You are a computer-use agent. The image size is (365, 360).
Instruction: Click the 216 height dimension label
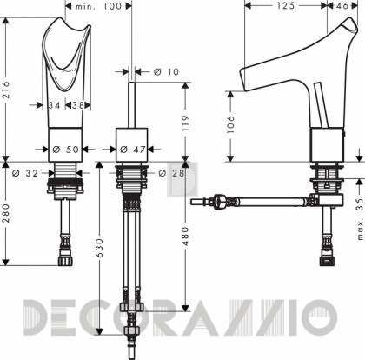coord(6,90)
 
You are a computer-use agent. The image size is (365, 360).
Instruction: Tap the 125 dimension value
coord(286,5)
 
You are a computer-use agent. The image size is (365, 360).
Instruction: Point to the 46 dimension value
coord(342,5)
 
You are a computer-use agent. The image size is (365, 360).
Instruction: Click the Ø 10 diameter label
coord(167,71)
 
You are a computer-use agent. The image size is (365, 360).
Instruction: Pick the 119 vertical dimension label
coord(184,123)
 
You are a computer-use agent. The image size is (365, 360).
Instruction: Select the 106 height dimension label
coord(230,124)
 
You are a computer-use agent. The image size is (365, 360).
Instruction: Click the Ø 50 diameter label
coord(66,150)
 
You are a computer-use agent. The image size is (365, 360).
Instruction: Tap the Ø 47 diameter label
coord(133,150)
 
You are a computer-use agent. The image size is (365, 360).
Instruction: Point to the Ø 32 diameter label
coord(25,173)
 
